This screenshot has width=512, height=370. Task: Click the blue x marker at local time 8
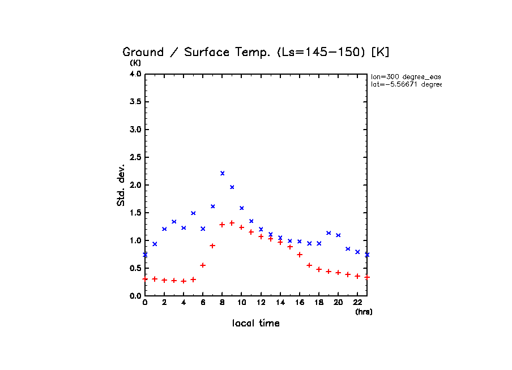coord(222,173)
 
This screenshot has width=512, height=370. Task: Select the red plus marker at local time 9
coord(232,223)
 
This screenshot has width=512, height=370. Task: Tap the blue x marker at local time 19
coord(328,233)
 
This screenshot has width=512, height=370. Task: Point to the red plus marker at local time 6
coord(203,265)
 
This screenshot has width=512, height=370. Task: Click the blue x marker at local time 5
coord(193,213)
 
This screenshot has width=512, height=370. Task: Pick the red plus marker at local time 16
coord(300,254)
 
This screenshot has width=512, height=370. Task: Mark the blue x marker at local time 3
coord(174,221)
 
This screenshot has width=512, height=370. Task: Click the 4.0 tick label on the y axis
coord(134,74)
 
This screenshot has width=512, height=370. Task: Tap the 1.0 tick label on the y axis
coord(134,240)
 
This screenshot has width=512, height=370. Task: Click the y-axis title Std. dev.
coord(121,185)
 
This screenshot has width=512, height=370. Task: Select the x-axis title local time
coord(256,324)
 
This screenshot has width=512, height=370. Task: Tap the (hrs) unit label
coord(364,312)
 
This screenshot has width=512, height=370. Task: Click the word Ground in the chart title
coord(143,53)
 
